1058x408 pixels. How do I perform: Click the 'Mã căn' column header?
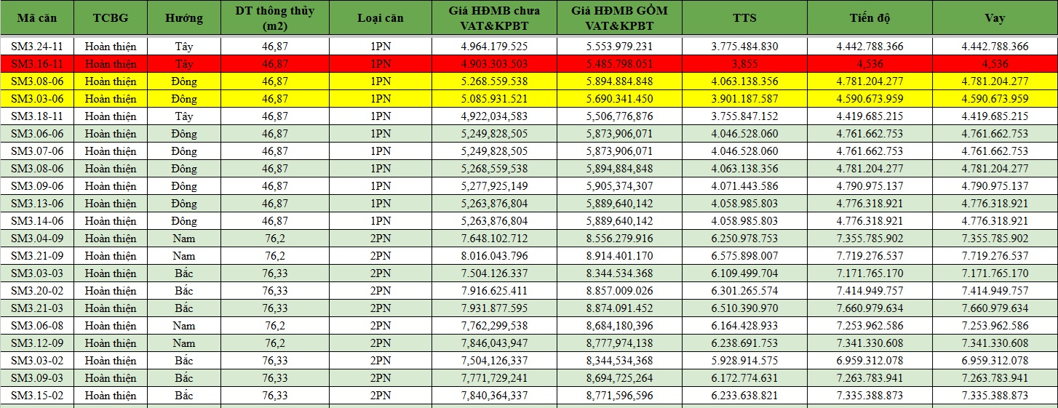coord(37,18)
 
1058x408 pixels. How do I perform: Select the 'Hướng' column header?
coord(184,18)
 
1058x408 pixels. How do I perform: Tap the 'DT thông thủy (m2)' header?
coord(275,18)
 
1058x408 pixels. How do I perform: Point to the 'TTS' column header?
coord(744,18)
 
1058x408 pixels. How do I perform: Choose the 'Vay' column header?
coord(995,18)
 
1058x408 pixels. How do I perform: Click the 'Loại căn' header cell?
coord(381,18)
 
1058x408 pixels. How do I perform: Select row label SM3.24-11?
coord(37,47)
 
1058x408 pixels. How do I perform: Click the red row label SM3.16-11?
coord(37,64)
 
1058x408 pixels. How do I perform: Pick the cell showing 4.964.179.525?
coord(494,47)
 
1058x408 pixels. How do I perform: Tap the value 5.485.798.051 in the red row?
coord(619,64)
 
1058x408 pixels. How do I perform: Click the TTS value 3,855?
coord(744,64)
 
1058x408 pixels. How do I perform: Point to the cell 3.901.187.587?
coord(744,99)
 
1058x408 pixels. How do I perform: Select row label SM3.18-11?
coord(37,116)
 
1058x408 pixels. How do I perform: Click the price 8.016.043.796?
coord(494,256)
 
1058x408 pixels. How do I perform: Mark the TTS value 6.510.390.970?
coord(744,308)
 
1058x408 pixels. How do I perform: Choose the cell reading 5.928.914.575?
coord(744,361)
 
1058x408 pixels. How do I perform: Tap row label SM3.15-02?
coord(37,396)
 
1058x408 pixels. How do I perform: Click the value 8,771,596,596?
coord(619,396)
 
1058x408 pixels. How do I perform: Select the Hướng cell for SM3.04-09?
coord(184,239)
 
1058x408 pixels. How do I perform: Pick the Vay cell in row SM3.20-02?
coord(995,291)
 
